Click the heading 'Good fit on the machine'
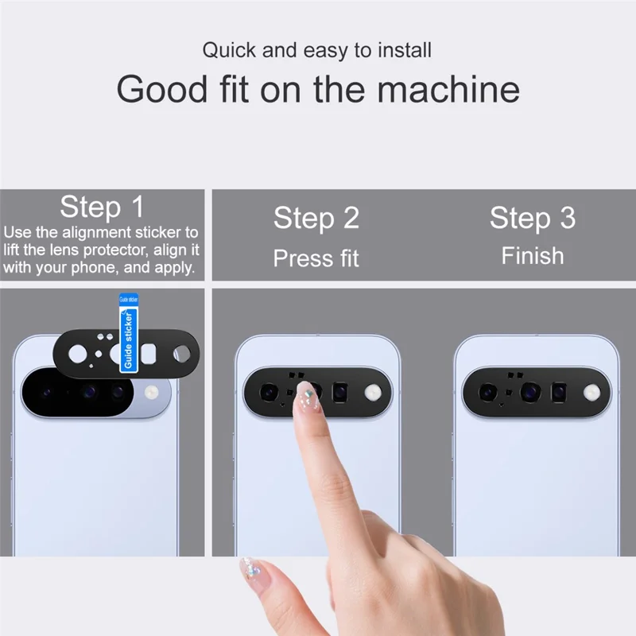click(x=318, y=89)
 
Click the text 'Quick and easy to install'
click(x=316, y=50)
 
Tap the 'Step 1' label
click(x=103, y=207)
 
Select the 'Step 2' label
click(x=316, y=218)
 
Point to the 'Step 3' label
click(x=532, y=218)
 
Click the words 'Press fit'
click(x=316, y=258)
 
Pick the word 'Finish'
click(x=532, y=256)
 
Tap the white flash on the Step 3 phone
click(x=591, y=391)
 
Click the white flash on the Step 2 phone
click(x=372, y=391)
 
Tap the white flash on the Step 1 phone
click(x=153, y=391)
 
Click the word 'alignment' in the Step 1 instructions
click(x=100, y=233)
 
